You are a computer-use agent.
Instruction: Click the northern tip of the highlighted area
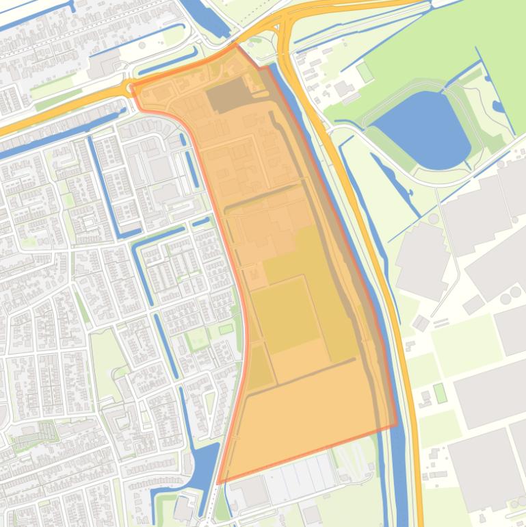[237, 46]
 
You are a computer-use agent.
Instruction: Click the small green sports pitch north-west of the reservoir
[365, 71]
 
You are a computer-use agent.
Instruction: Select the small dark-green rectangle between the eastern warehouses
[440, 393]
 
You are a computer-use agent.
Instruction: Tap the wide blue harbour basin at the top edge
[209, 17]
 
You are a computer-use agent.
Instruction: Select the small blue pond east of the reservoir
[498, 106]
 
